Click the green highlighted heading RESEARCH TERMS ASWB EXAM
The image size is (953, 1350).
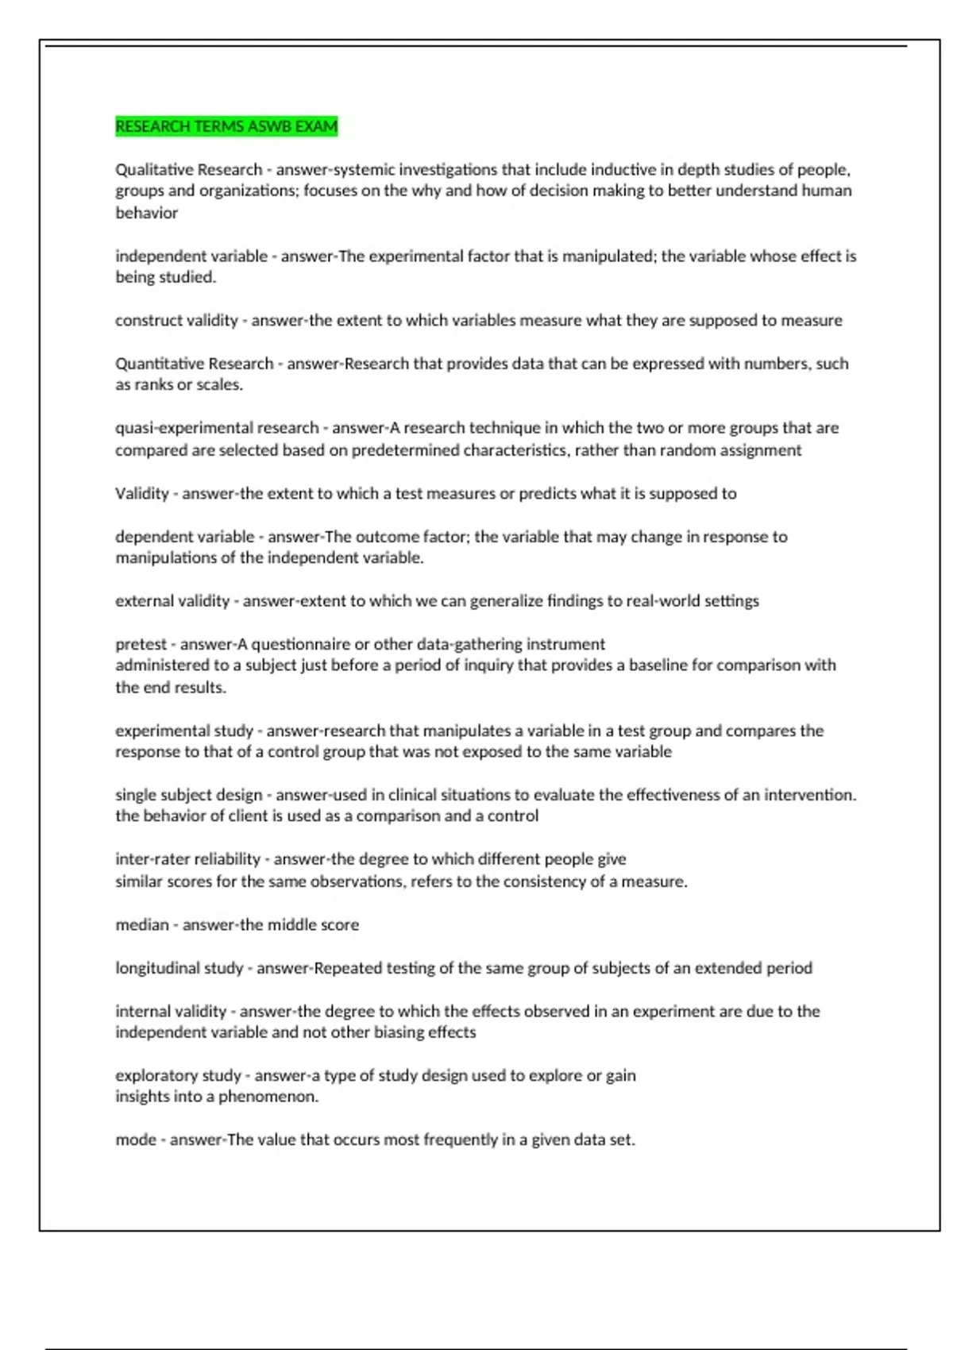226,127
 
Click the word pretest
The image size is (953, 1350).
141,644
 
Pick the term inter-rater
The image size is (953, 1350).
147,859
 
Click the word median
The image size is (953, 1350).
142,925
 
